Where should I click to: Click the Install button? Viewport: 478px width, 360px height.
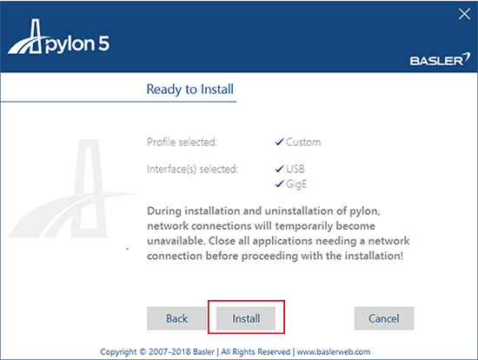click(246, 318)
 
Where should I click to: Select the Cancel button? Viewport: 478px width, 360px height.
click(384, 318)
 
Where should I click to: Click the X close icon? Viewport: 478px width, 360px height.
click(464, 14)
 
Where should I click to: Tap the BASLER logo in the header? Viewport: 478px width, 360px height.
click(440, 59)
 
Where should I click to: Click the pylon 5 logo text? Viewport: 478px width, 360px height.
click(77, 44)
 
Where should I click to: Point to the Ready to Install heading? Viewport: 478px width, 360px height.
click(190, 89)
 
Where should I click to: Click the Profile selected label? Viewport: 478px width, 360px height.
click(182, 142)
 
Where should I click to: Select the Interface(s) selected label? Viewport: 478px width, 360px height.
click(192, 169)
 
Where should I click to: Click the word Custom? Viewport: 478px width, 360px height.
click(303, 142)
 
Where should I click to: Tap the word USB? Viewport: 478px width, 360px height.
click(295, 169)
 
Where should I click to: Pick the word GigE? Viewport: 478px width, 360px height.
click(296, 184)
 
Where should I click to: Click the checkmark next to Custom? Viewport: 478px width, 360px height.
click(280, 142)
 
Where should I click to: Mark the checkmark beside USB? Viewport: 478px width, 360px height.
click(280, 169)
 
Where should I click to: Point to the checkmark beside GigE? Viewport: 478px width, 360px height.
click(280, 183)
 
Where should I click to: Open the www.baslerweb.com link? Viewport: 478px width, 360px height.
click(334, 352)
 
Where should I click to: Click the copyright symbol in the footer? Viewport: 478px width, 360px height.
click(143, 352)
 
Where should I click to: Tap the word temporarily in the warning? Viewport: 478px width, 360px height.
click(301, 226)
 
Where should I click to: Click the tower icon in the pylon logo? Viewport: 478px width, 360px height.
click(36, 36)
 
